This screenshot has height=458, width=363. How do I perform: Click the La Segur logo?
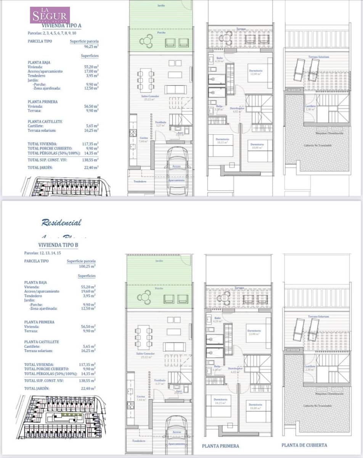coord(50,15)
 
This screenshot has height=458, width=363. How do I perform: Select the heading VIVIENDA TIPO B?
coord(58,245)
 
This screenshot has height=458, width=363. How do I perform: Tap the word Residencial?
coord(61,222)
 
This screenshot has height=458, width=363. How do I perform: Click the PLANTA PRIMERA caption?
coord(221,446)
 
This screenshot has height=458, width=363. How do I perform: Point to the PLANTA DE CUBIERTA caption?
coord(304,445)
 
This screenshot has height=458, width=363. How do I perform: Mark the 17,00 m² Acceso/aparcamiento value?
coord(91,71)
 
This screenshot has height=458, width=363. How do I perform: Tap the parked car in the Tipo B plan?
coord(176,435)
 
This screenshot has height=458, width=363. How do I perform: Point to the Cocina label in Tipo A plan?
coord(143,138)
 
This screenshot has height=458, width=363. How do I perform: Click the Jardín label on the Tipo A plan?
coord(161,6)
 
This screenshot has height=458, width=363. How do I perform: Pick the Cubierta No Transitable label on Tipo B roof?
coord(317,406)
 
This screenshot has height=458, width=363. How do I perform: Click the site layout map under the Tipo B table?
coord(59,417)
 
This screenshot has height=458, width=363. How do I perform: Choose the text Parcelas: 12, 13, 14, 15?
coord(43,253)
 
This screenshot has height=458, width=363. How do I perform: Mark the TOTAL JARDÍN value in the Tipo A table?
coord(91,167)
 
